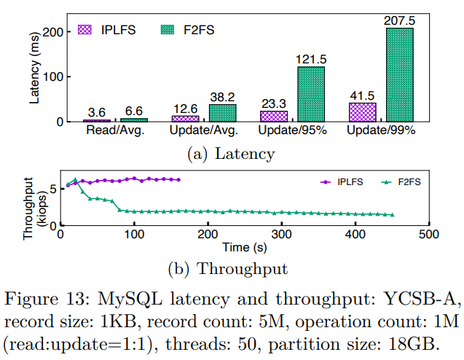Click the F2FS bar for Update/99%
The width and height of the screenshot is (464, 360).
pyautogui.click(x=399, y=74)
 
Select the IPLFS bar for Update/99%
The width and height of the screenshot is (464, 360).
pyautogui.click(x=362, y=112)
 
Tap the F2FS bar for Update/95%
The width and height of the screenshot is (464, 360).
pyautogui.click(x=310, y=94)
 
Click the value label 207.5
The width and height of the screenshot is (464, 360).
pyautogui.click(x=399, y=21)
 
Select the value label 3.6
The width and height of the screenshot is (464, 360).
pyautogui.click(x=97, y=111)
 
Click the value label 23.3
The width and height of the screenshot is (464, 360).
pyautogui.click(x=274, y=103)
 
